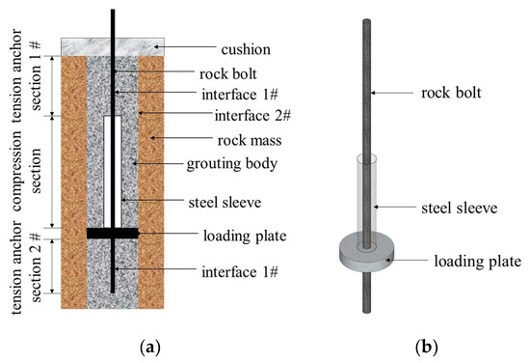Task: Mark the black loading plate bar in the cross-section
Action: click(113, 233)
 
